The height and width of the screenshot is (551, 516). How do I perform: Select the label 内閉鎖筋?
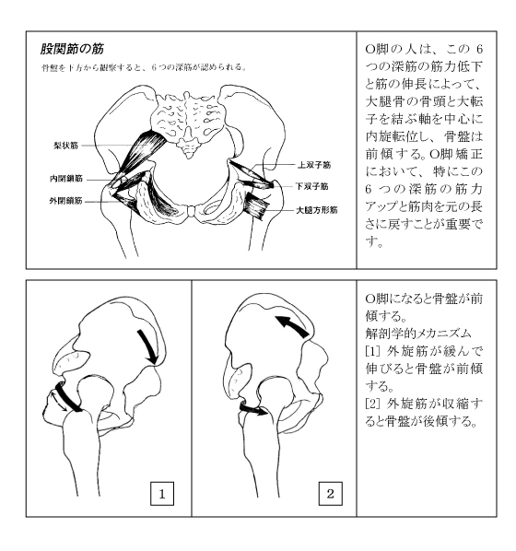click(66, 178)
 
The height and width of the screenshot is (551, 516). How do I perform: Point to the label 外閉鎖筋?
click(66, 196)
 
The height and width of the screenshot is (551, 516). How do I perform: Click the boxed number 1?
click(163, 493)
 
